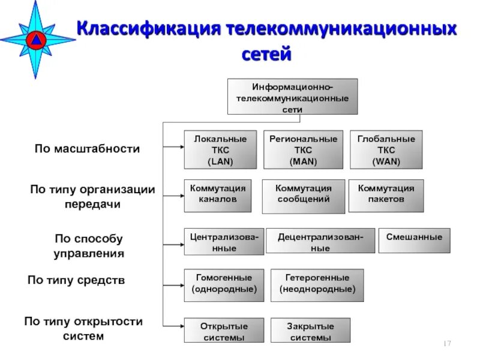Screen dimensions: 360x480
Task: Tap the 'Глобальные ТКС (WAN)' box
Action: [386, 149]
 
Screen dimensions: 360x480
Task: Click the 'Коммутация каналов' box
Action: [218, 194]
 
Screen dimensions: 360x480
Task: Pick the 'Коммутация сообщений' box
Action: [303, 196]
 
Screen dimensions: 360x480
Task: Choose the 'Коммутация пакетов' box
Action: [386, 194]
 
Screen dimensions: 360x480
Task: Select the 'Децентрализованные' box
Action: [320, 241]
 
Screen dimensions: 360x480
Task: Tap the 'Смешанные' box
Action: [414, 239]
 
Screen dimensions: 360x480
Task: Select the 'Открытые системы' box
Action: [223, 331]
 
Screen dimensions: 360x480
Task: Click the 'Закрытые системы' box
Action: [311, 331]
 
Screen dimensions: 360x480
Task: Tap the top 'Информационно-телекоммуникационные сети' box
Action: [292, 96]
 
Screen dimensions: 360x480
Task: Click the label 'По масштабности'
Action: [86, 149]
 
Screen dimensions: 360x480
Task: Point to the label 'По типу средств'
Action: [76, 280]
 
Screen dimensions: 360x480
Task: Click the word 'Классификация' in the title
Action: [148, 29]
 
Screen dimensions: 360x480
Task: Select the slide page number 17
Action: [446, 343]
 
